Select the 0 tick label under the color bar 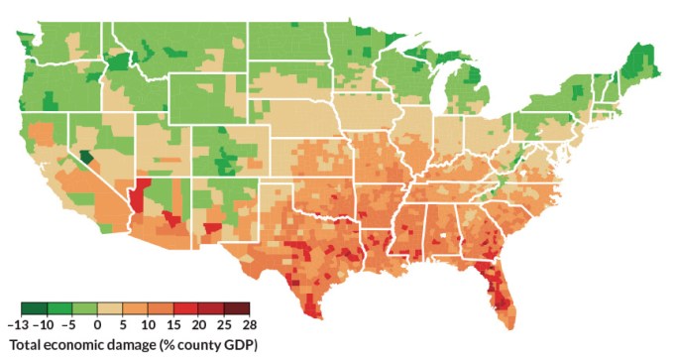pyautogui.click(x=98, y=324)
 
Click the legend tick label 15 pyautogui.click(x=173, y=324)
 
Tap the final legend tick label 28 pyautogui.click(x=249, y=324)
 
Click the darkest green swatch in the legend pyautogui.click(x=34, y=308)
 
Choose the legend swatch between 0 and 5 pyautogui.click(x=110, y=308)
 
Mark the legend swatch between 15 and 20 pyautogui.click(x=185, y=308)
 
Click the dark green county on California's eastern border pyautogui.click(x=86, y=157)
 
